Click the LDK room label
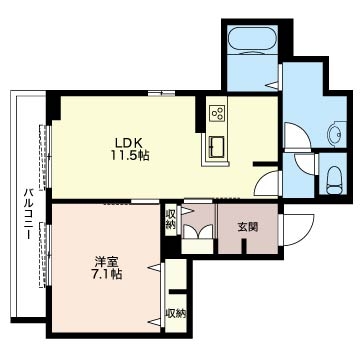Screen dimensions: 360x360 click(129, 143)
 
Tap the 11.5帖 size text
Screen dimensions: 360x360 click(130, 156)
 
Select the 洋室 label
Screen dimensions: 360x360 click(107, 261)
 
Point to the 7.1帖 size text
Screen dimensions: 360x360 click(107, 274)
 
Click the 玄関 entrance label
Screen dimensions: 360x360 click(248, 227)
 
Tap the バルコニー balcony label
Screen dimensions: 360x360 click(30, 214)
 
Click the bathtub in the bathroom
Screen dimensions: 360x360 click(252, 40)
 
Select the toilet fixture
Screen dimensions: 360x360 click(335, 180)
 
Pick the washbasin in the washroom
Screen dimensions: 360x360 click(336, 134)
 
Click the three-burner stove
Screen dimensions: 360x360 click(217, 113)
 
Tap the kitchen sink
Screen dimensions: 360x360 click(217, 147)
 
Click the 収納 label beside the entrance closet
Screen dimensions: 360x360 click(170, 219)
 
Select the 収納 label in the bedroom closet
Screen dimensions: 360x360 click(176, 313)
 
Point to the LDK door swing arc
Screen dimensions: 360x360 click(262, 182)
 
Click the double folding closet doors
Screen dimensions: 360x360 click(198, 231)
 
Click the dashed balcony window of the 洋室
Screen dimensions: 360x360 click(43, 255)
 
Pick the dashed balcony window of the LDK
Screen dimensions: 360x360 click(43, 157)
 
